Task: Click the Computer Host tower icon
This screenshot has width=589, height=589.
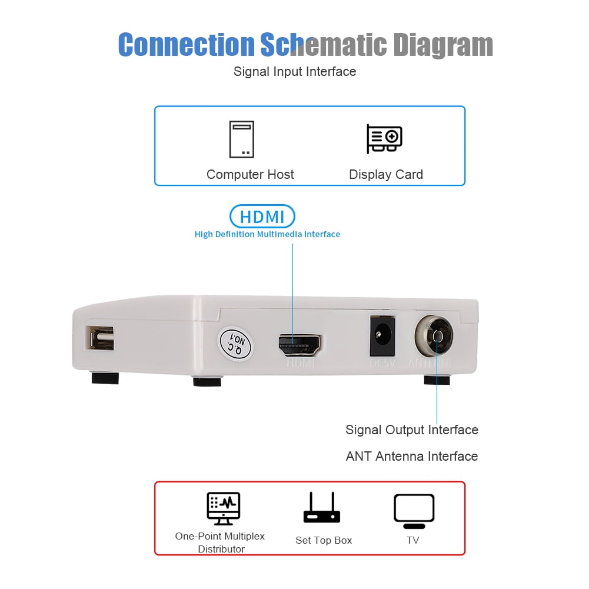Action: click(x=242, y=139)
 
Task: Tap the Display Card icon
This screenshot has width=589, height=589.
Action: click(x=384, y=139)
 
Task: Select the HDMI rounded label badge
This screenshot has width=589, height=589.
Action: click(x=262, y=217)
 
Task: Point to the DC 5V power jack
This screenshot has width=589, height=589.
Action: click(x=381, y=337)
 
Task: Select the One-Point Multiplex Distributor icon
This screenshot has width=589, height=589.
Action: click(x=224, y=508)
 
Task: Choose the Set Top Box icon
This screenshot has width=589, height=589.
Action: click(x=321, y=508)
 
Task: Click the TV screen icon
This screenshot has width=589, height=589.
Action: click(x=414, y=510)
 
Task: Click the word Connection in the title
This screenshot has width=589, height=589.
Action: click(x=186, y=45)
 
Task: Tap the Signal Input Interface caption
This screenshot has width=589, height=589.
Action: click(x=295, y=72)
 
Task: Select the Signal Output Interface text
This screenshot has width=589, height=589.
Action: click(x=411, y=430)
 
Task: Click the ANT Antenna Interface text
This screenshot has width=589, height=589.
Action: click(x=411, y=457)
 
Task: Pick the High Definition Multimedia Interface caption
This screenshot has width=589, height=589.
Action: click(x=267, y=234)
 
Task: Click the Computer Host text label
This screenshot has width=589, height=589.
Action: click(x=250, y=175)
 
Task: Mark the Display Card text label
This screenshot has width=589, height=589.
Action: click(x=385, y=175)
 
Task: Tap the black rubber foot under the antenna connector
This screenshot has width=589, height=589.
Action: click(x=437, y=380)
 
